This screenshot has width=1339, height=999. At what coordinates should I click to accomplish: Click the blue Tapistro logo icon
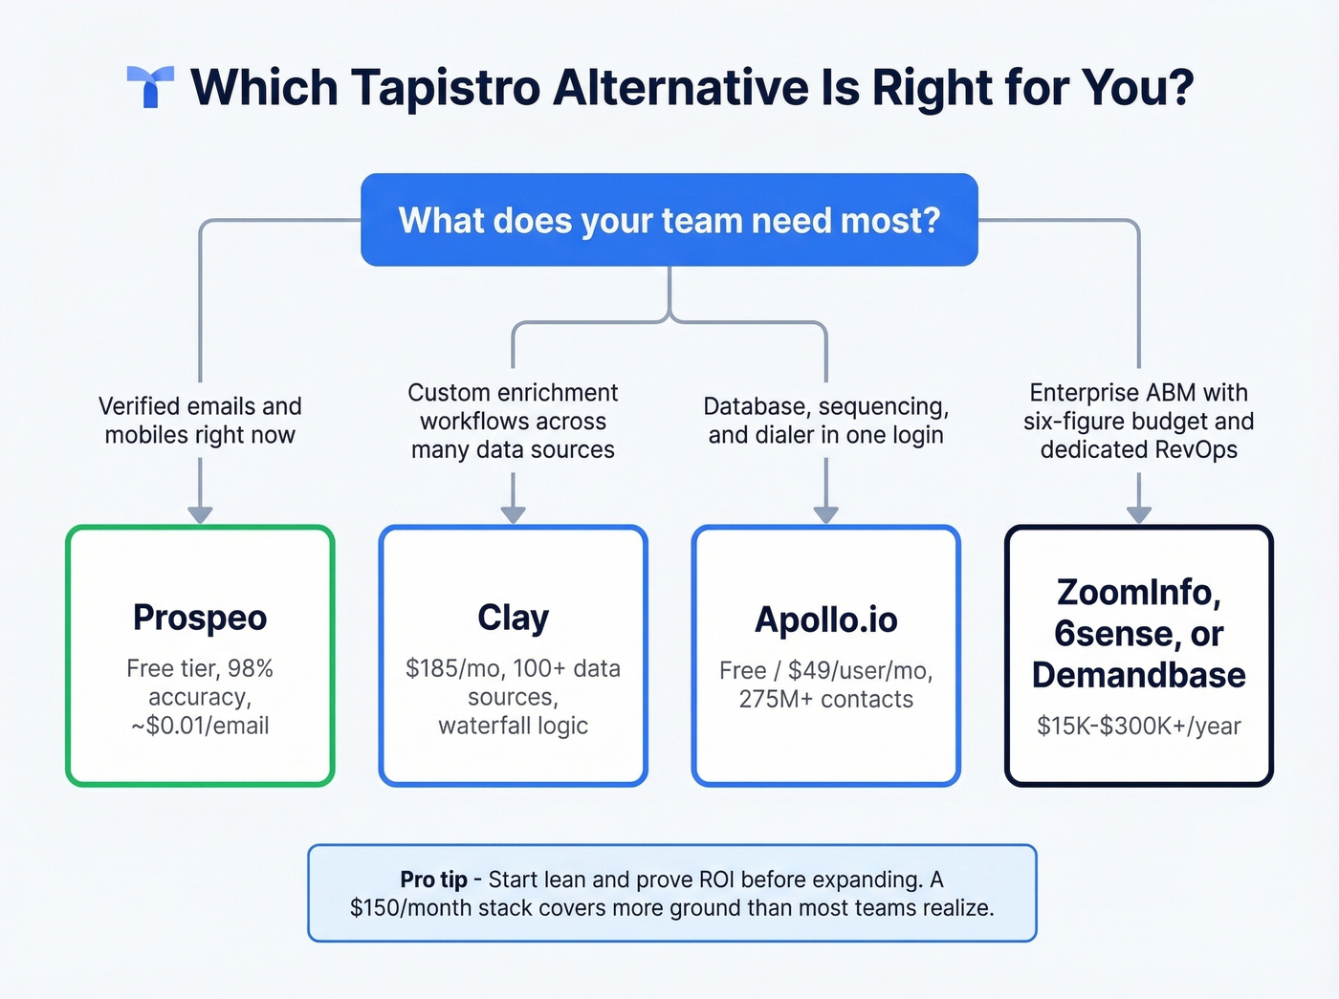[x=150, y=86]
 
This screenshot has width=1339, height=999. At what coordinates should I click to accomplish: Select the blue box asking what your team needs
[x=669, y=220]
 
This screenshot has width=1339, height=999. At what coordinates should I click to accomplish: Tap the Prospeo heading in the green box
[x=200, y=618]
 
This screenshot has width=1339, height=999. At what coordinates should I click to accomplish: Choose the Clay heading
[x=513, y=618]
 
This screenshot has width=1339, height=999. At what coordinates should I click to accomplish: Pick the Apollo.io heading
[x=826, y=620]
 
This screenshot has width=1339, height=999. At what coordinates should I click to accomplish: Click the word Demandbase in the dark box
[x=1138, y=675]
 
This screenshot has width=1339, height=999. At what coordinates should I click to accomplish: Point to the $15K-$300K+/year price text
[x=1138, y=726]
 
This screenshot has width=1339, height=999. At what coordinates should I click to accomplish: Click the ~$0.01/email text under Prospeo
[x=200, y=726]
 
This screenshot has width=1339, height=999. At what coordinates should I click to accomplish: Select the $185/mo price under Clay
[x=449, y=668]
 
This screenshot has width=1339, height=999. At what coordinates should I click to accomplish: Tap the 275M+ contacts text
[x=826, y=699]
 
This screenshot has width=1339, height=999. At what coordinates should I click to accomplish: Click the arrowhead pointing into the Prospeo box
[x=200, y=514]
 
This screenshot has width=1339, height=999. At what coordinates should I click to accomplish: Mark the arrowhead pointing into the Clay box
[x=514, y=514]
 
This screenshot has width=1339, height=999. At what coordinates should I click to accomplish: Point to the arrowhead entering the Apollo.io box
[x=826, y=514]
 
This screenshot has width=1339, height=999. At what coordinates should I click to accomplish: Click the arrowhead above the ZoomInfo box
[x=1138, y=514]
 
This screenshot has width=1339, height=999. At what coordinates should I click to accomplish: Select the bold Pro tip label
[x=433, y=880]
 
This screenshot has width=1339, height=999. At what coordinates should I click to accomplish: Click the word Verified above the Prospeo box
[x=137, y=406]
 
